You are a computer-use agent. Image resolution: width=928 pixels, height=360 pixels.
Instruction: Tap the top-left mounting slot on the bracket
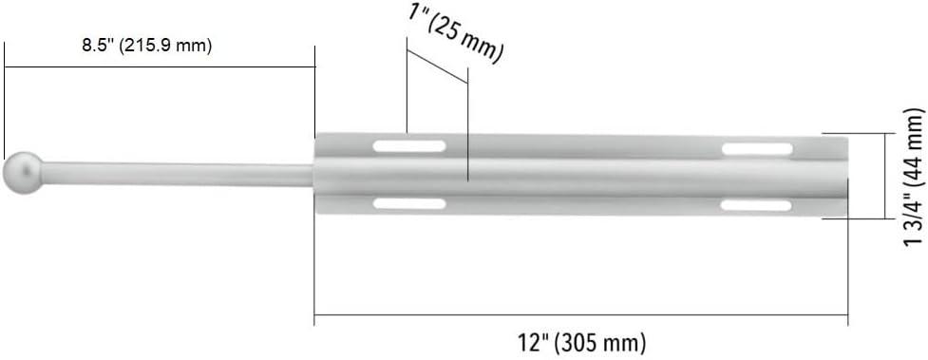(409, 146)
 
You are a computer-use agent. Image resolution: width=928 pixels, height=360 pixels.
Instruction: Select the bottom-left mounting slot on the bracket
(409, 203)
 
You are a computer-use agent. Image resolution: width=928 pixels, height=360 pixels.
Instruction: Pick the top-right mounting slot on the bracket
(757, 149)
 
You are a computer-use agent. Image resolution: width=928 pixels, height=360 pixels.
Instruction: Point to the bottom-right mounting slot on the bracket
(757, 205)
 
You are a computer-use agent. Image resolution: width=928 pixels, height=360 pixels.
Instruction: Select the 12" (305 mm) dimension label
(580, 342)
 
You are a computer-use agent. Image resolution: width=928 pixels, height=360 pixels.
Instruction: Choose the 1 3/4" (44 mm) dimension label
(914, 178)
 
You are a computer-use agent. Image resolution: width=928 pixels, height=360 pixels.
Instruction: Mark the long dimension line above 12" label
(580, 317)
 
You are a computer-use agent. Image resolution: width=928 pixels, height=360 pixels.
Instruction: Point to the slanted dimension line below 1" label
(437, 66)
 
